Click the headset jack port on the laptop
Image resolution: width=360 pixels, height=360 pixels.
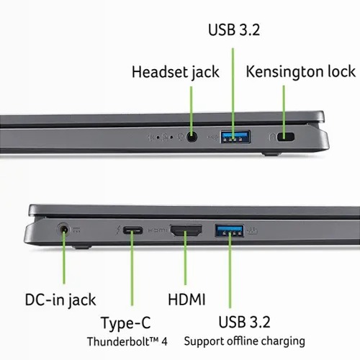(x=192, y=138)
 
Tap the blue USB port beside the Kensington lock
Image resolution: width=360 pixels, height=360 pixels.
(x=236, y=137)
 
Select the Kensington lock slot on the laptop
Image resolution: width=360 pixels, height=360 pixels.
(x=286, y=137)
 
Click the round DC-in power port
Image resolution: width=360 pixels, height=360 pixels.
(x=63, y=230)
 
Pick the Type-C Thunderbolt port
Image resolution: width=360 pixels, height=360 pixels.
(x=132, y=230)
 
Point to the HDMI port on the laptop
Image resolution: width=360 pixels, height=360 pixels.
(x=186, y=230)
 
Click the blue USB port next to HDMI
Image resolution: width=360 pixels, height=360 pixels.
(x=229, y=231)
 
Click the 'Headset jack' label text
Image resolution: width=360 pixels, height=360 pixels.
(x=176, y=72)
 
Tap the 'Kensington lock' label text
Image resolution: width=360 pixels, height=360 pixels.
(x=301, y=71)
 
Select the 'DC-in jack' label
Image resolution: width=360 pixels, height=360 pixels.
(x=60, y=300)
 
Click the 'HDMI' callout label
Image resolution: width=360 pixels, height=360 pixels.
(x=186, y=300)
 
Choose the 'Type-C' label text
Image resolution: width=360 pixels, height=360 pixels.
(x=126, y=323)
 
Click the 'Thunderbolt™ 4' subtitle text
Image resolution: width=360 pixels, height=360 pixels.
(x=127, y=341)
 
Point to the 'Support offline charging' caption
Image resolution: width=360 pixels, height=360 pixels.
(x=245, y=341)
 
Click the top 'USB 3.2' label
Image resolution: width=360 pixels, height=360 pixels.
(x=234, y=30)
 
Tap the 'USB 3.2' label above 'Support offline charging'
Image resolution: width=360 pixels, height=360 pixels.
(x=244, y=322)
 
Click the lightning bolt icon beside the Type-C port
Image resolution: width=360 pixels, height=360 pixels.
(x=118, y=230)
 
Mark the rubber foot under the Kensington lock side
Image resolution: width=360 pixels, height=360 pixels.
(x=271, y=153)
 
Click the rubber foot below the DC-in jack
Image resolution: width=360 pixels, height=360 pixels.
(x=81, y=247)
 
